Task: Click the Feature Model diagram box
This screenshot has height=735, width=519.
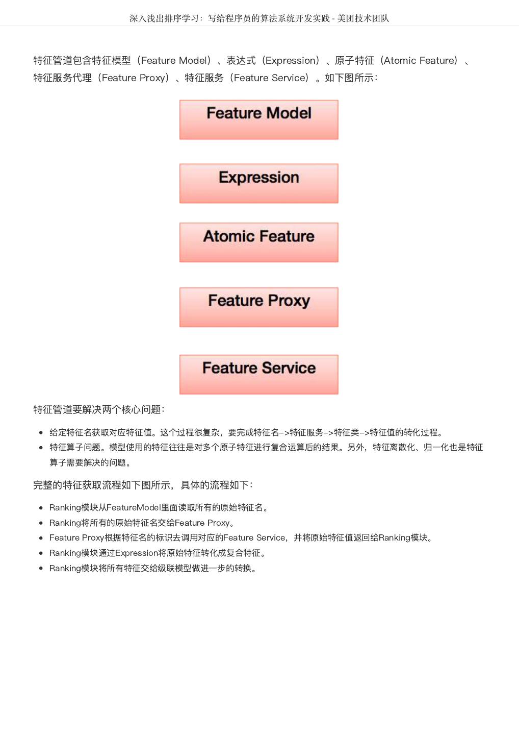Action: (258, 119)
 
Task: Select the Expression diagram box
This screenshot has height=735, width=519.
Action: (258, 183)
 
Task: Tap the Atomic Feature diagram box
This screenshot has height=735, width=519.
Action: (258, 242)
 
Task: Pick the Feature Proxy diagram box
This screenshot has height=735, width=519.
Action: (258, 307)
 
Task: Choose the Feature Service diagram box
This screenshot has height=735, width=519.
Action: (258, 374)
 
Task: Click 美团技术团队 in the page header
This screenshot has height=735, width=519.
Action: (363, 18)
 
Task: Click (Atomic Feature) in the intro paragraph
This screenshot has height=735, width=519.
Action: (420, 61)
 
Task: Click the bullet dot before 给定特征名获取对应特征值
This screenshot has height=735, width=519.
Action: (41, 433)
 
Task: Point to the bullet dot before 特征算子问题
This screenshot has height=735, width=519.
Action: (41, 448)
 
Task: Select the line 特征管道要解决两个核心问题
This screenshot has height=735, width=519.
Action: (99, 410)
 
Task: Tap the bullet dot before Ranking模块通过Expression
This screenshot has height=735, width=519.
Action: (41, 553)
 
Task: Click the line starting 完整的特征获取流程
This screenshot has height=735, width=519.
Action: (143, 485)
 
